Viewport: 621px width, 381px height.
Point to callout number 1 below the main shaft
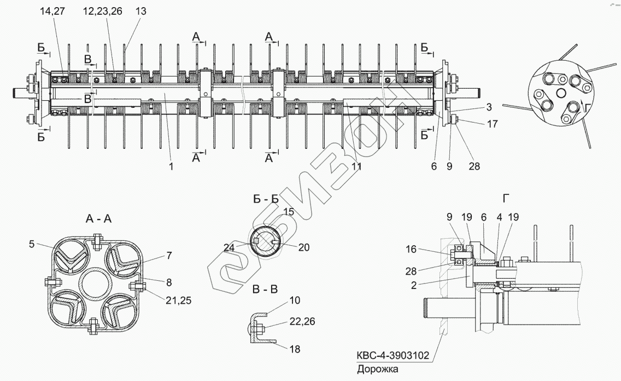coord(171,166)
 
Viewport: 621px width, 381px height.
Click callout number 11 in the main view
coord(356,166)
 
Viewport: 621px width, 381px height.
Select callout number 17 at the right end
coord(492,124)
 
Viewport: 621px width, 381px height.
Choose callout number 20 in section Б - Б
coord(304,247)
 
